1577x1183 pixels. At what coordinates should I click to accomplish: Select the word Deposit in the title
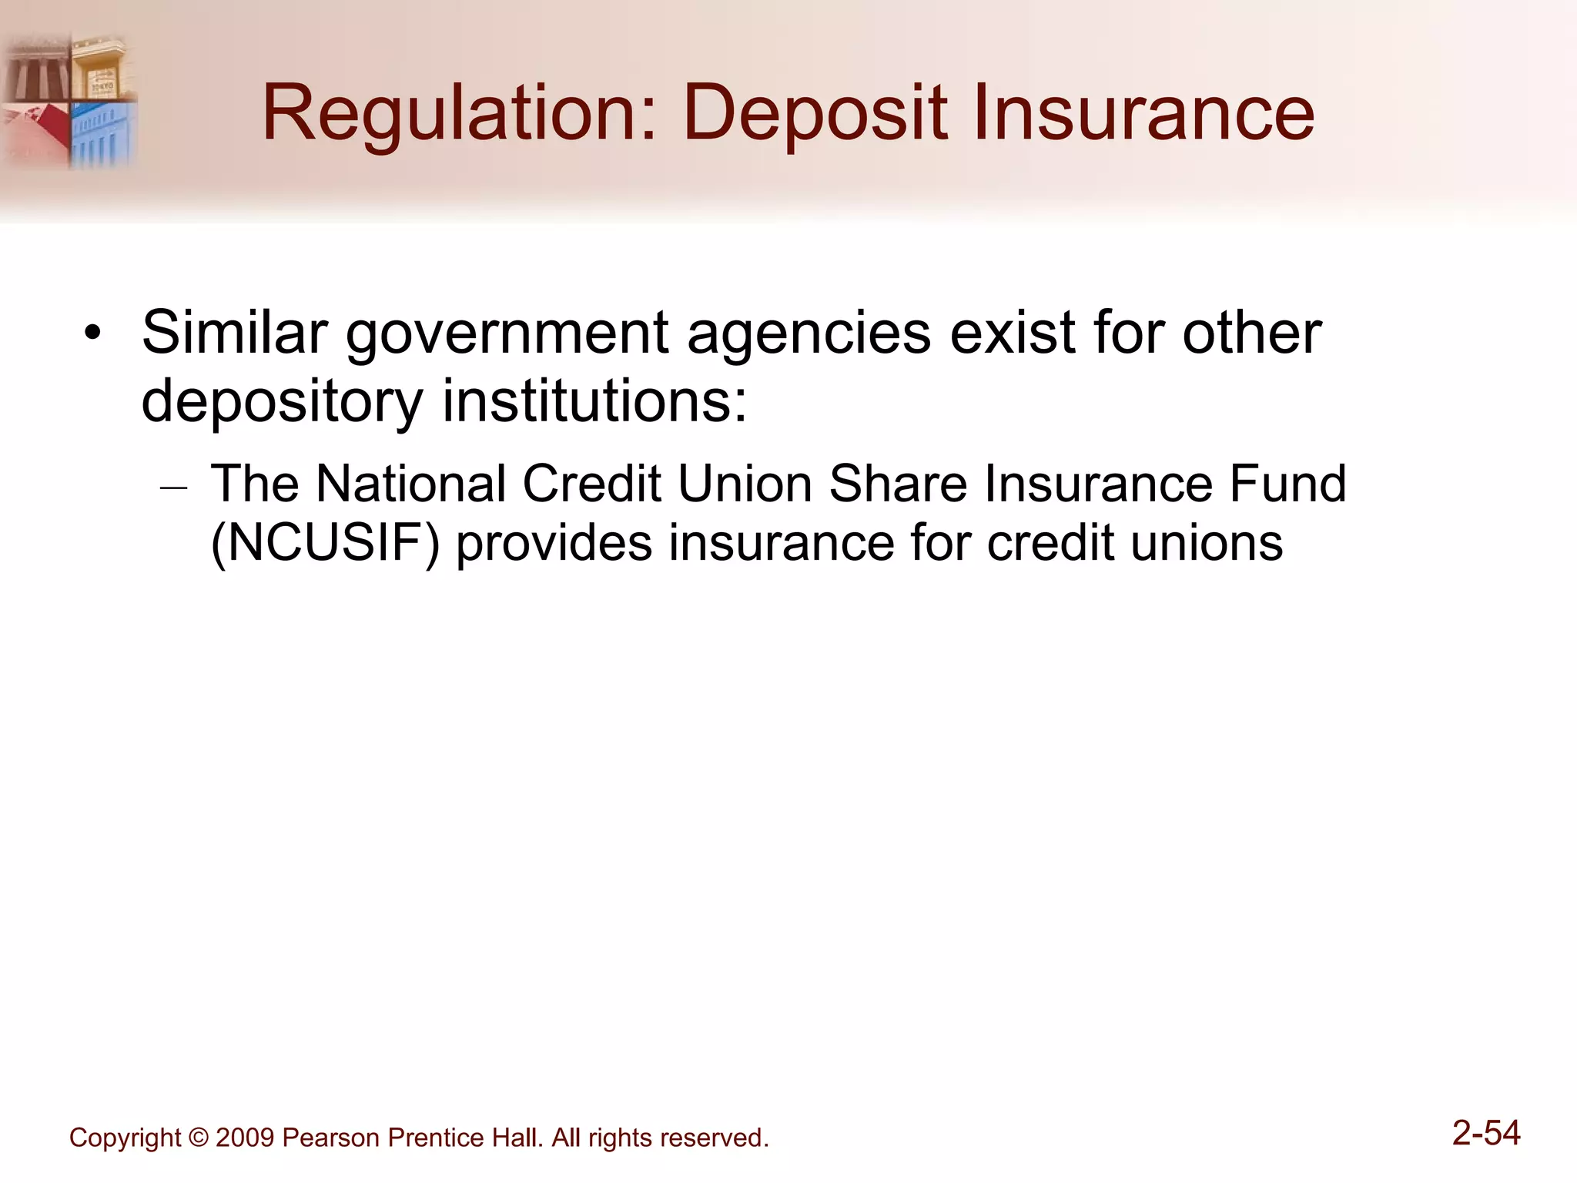pos(815,114)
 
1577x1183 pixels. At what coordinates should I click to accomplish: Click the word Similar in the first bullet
pos(234,333)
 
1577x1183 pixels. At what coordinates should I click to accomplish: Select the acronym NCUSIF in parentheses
pos(325,544)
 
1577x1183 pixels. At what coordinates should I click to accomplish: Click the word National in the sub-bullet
pos(410,484)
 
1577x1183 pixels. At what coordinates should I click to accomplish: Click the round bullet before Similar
pos(93,334)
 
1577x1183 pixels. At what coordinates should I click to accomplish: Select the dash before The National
pos(174,488)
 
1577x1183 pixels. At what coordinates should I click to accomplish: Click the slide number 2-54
pos(1485,1133)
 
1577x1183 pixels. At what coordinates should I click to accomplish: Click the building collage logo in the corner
pos(69,100)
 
